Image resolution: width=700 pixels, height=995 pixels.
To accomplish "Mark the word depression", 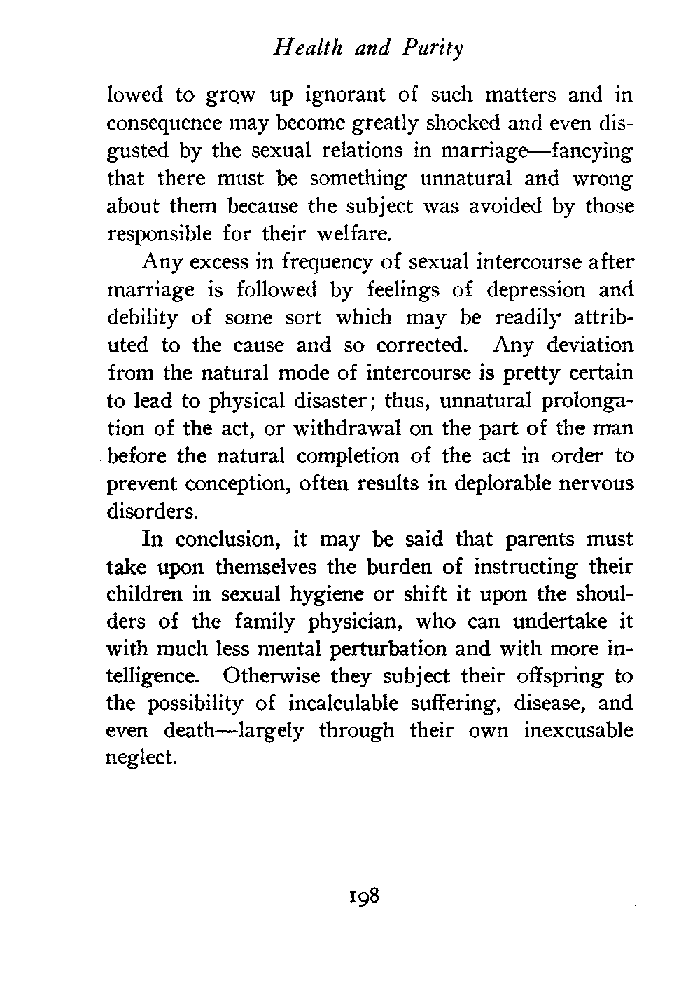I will [530, 291].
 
